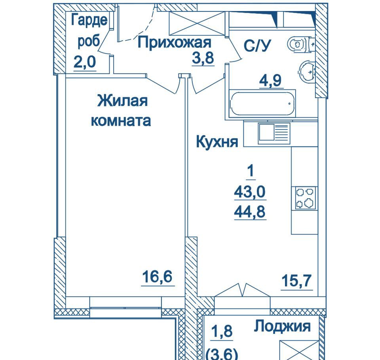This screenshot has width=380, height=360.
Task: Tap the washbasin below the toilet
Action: tap(308, 71)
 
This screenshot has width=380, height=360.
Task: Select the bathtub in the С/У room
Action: tap(262, 104)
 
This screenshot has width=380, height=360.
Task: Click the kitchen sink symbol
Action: tap(273, 134)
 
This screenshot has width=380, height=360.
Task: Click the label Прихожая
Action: tap(175, 42)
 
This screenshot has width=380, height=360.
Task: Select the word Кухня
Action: tap(217, 142)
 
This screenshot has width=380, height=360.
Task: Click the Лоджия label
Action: tap(282, 326)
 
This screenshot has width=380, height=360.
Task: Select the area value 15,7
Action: tap(297, 282)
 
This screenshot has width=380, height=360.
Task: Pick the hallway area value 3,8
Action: tap(203, 58)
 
